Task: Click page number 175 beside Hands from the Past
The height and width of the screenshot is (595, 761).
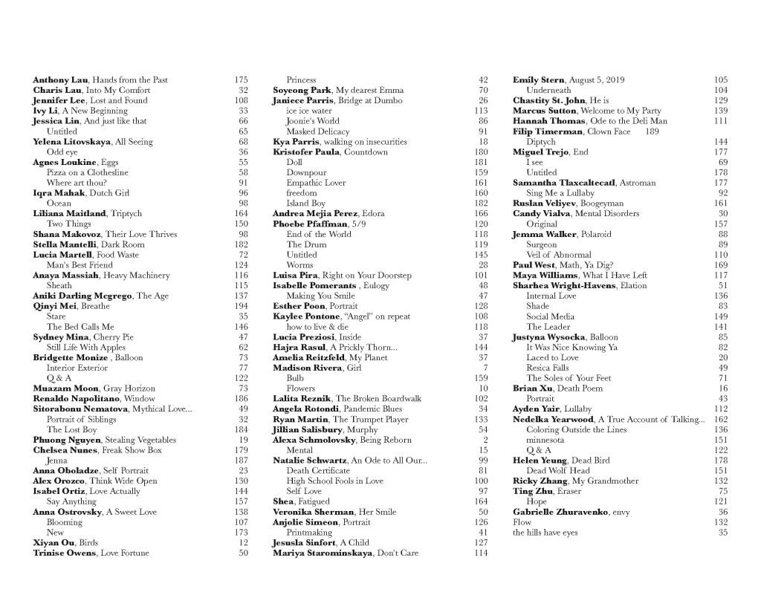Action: pyautogui.click(x=241, y=79)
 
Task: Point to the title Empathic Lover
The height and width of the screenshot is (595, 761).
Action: pyautogui.click(x=316, y=183)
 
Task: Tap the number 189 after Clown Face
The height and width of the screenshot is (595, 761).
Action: pyautogui.click(x=652, y=131)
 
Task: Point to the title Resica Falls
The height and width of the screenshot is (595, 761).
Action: pyautogui.click(x=548, y=368)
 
